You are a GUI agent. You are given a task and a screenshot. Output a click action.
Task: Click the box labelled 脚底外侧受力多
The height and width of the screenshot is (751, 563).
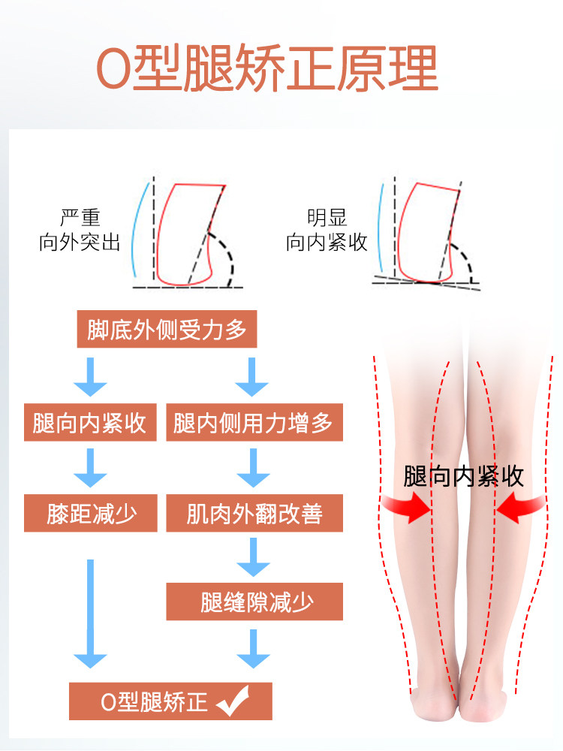(x=167, y=330)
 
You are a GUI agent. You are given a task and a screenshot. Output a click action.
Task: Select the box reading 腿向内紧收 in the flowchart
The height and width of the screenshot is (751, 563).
(x=89, y=423)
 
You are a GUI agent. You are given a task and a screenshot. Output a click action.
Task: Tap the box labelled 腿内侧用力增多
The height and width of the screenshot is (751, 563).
(x=254, y=423)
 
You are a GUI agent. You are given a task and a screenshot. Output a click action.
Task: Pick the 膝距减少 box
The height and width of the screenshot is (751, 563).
(x=91, y=514)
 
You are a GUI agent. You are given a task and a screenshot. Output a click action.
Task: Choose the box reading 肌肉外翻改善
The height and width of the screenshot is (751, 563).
(x=254, y=514)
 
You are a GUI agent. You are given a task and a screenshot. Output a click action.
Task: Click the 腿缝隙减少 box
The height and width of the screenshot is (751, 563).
(x=254, y=602)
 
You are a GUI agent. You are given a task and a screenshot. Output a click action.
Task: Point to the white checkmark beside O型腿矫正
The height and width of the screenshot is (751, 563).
(x=234, y=702)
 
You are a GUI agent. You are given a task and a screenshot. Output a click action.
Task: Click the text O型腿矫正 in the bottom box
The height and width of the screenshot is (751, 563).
(x=154, y=702)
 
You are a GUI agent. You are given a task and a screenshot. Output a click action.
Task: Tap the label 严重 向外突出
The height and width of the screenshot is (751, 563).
(x=80, y=230)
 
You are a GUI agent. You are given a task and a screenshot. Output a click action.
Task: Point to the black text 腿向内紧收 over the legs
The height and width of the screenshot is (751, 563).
(x=463, y=477)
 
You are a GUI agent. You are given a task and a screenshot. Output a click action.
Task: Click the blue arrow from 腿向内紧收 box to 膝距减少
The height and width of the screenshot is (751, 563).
(x=90, y=468)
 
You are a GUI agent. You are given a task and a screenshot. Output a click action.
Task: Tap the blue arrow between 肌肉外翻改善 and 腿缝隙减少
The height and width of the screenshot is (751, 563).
(x=253, y=556)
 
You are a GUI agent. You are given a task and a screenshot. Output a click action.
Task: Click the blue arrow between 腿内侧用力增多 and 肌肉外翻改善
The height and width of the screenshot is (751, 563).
(x=253, y=468)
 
